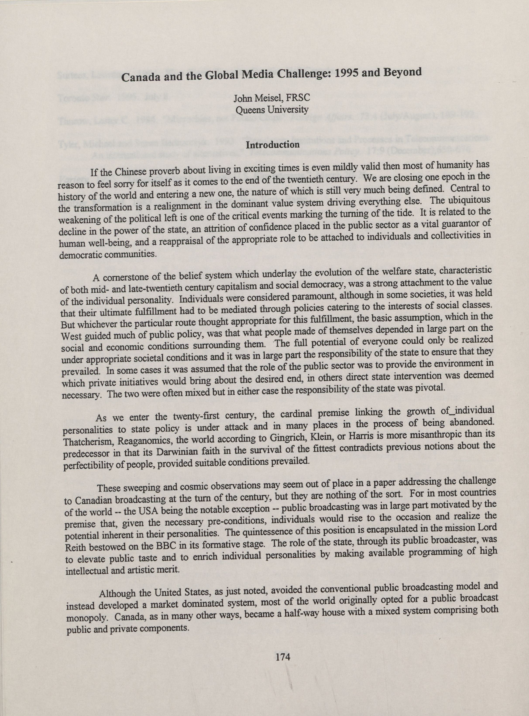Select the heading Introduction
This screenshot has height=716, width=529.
273,145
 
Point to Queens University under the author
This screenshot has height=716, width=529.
272,110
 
